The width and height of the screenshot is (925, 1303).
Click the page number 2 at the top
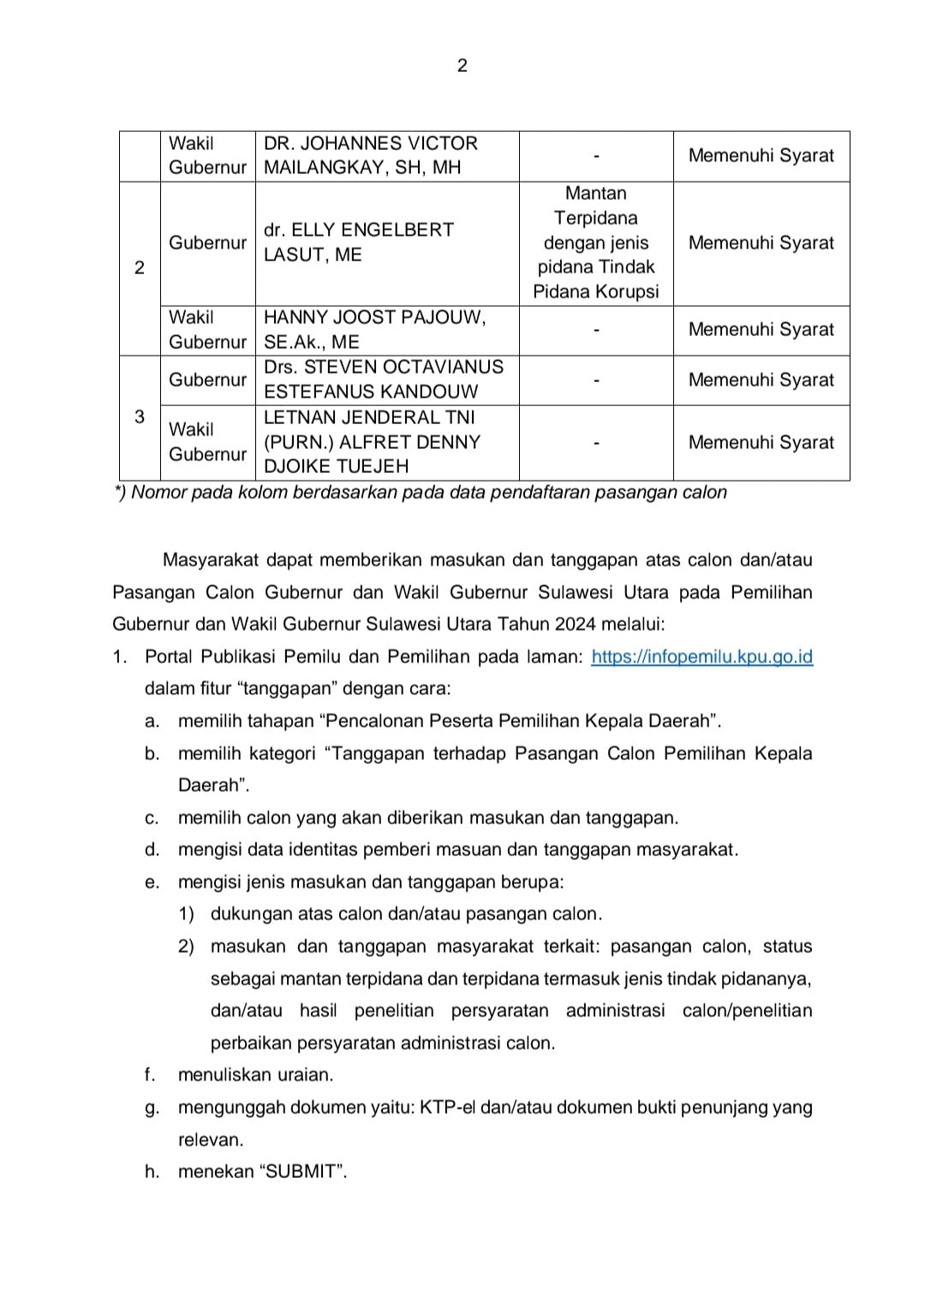coord(462,66)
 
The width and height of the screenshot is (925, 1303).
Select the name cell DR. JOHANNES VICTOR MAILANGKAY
coord(370,155)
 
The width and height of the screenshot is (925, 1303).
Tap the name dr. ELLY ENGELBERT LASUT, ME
coord(358,242)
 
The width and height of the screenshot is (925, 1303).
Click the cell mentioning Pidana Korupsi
coord(595,242)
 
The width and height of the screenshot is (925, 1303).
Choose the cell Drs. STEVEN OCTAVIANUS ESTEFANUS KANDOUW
coord(383,380)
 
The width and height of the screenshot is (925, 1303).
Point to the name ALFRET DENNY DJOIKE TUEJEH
coord(372,442)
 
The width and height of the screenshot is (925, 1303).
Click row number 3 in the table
coord(140,417)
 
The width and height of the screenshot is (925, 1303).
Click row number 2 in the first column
coord(140,267)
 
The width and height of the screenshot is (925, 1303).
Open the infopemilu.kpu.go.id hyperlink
coord(701,657)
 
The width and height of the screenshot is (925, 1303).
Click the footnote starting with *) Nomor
coord(421,493)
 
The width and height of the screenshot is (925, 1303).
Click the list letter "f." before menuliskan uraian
coord(152,1075)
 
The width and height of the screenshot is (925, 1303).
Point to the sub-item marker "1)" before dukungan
coord(187,914)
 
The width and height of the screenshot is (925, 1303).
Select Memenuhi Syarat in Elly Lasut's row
coord(761,242)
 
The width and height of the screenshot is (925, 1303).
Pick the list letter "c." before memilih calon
coord(152,818)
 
